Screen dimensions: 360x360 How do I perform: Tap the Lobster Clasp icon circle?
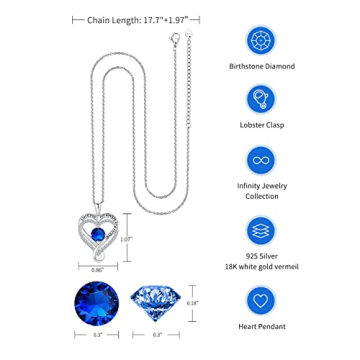tap(268, 101)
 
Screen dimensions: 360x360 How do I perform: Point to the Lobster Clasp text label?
tap(268, 131)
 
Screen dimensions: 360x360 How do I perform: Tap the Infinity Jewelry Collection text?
tap(268, 194)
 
